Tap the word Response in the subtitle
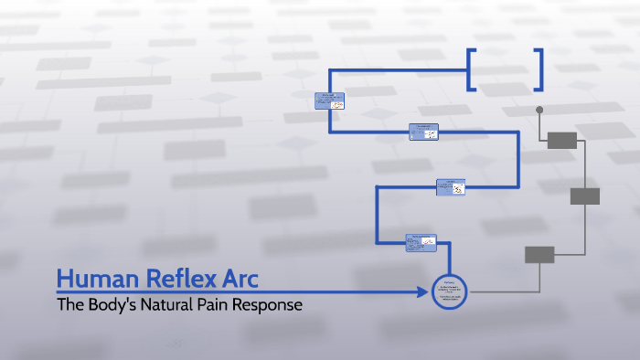273,304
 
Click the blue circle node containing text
449,291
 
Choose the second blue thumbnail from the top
423,132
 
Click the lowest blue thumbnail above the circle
421,243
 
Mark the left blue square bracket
472,69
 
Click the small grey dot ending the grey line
539,110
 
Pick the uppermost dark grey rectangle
562,140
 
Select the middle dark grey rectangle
585,196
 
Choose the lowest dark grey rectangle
539,255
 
